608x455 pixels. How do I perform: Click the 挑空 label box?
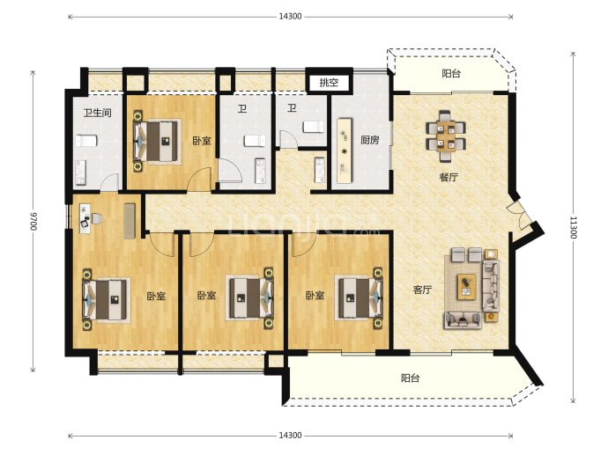click(330, 82)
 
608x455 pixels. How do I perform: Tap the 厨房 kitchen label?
click(369, 140)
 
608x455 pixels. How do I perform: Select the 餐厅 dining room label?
click(449, 178)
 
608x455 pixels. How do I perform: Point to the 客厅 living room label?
click(422, 290)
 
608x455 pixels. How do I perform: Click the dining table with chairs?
click(446, 136)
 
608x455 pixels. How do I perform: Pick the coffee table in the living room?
click(466, 287)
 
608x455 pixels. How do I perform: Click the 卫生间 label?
click(97, 113)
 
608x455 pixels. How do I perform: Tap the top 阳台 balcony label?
click(451, 74)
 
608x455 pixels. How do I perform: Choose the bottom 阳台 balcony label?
click(410, 378)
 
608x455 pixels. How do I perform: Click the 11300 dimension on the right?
click(574, 228)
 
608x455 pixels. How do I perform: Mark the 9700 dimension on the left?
click(33, 221)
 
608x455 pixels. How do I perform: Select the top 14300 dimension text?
click(290, 16)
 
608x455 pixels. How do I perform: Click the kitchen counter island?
click(345, 150)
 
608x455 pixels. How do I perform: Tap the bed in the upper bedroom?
click(157, 142)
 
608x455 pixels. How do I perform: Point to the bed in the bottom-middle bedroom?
click(249, 298)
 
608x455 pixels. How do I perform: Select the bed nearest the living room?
click(359, 298)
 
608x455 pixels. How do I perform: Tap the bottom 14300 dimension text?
click(290, 436)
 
